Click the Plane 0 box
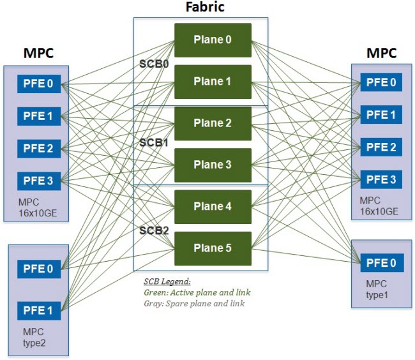[x=213, y=40]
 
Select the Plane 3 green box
[x=213, y=165]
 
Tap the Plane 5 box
[x=213, y=248]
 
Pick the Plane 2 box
[x=213, y=123]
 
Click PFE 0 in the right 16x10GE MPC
[x=381, y=82]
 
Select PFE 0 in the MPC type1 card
[x=381, y=262]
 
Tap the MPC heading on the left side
[x=38, y=52]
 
